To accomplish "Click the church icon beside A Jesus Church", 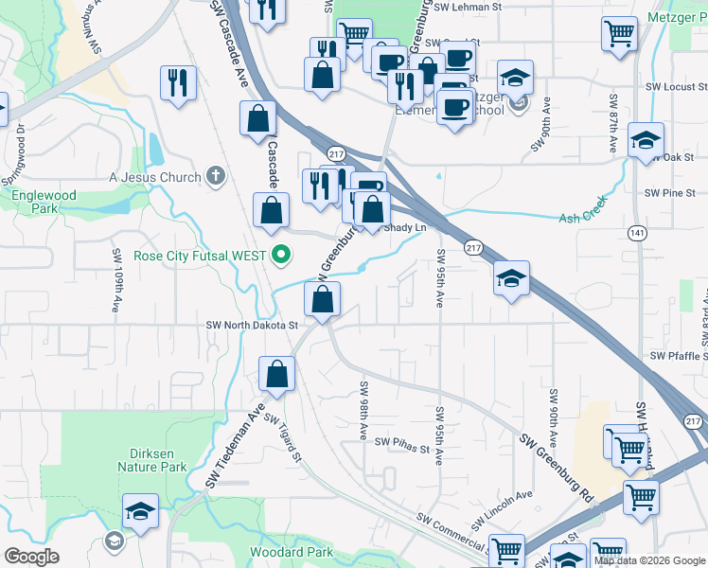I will (x=216, y=176).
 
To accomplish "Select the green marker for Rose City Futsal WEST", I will (x=281, y=254).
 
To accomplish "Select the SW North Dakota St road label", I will (x=253, y=325).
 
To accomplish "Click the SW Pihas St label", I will (x=402, y=442).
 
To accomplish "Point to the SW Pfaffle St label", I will (x=678, y=356).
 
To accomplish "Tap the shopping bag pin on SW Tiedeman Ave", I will (x=277, y=373).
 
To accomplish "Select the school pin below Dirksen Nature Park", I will (x=139, y=510).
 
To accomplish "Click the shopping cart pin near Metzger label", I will (x=618, y=33).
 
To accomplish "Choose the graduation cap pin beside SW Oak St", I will (x=645, y=140).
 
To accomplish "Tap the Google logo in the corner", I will (x=31, y=557).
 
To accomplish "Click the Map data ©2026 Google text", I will (x=648, y=560).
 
